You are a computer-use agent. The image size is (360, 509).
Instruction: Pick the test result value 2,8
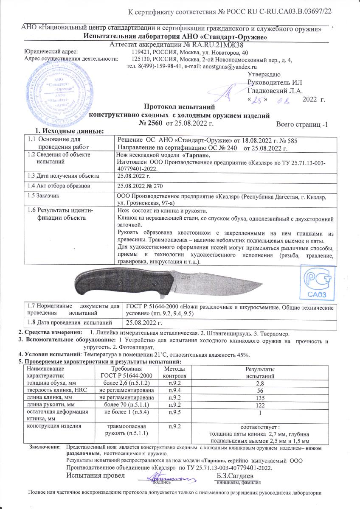[x=254, y=383]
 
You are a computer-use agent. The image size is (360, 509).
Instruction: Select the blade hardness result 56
[x=254, y=390]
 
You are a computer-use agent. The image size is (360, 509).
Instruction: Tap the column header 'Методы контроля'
[x=169, y=372]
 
